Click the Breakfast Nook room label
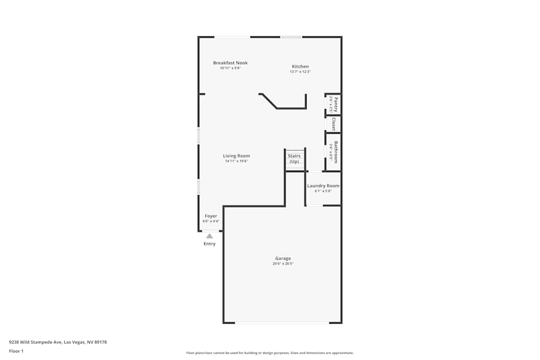(230, 63)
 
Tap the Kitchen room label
(300, 66)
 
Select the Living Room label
(237, 156)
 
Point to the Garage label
(283, 259)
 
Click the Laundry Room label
(323, 186)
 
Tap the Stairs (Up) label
(294, 159)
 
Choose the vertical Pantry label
(336, 104)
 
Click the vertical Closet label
(334, 124)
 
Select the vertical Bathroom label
(336, 152)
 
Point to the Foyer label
(211, 216)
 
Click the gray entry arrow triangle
(210, 236)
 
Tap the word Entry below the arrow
(210, 244)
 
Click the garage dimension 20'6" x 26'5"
(283, 264)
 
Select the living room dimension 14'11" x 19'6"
(237, 161)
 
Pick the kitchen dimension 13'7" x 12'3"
(300, 72)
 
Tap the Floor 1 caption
(16, 351)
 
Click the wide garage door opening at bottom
(282, 323)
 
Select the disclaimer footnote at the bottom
(270, 353)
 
